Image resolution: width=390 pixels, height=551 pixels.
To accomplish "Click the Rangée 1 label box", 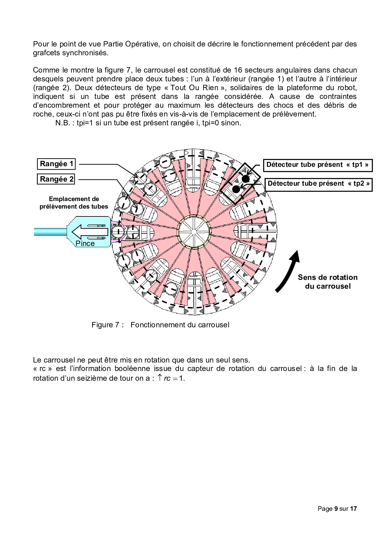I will click(x=57, y=164).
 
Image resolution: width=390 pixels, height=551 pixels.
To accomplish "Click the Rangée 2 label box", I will click(x=57, y=179).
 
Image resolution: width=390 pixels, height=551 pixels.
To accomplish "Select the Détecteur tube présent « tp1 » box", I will click(x=317, y=165).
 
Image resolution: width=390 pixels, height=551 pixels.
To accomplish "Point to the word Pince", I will click(x=85, y=243).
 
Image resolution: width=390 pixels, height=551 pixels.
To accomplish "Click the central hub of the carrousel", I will click(x=193, y=232).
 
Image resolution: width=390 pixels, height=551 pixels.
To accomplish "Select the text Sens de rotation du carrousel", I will click(x=327, y=282).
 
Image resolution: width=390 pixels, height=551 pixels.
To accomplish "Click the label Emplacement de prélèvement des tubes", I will click(x=74, y=203).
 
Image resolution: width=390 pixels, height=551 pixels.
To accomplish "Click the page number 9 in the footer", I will click(x=336, y=509).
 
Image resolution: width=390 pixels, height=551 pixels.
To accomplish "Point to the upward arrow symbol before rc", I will click(x=159, y=378).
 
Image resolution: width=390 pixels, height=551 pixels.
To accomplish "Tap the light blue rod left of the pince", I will click(x=50, y=232).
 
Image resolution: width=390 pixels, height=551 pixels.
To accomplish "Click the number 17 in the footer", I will click(x=354, y=509).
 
